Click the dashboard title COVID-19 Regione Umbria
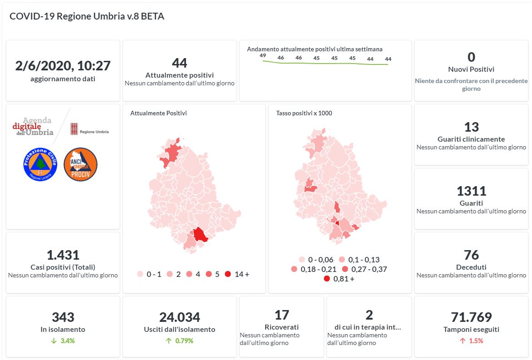pos(87,16)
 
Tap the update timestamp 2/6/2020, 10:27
pos(63,66)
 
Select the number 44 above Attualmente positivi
pos(179,63)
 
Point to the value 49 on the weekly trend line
pos(263,55)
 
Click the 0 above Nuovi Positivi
pos(471,57)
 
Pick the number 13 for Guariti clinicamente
pos(471,127)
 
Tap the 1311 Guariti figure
pos(471,191)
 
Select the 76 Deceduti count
pos(471,255)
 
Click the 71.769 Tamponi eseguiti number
pos(471,317)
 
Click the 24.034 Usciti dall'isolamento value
pos(179,317)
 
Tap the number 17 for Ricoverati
pos(282,315)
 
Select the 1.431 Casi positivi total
pos(63,255)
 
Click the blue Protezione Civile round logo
pos(40,164)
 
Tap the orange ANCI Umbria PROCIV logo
pos(80,164)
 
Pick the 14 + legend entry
pos(237,274)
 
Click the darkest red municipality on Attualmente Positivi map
pos(199,235)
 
